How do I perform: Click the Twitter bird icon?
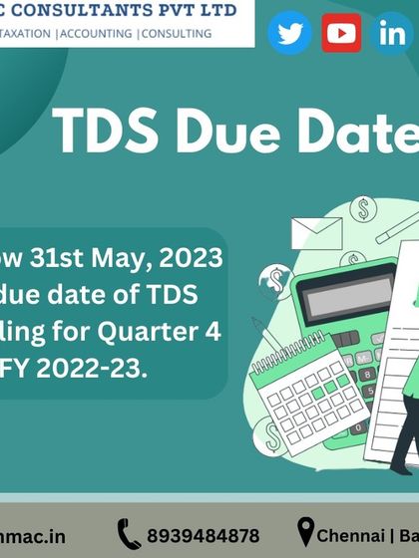pos(290,34)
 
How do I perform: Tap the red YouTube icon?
pos(342,34)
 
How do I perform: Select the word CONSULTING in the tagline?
pos(176,33)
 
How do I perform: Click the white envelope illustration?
pos(316,232)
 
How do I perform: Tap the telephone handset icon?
pos(129,534)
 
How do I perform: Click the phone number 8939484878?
pos(203,536)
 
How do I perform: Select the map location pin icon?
pos(305,532)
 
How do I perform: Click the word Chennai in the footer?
pos(355,536)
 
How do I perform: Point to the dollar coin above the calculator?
pos(363,209)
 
